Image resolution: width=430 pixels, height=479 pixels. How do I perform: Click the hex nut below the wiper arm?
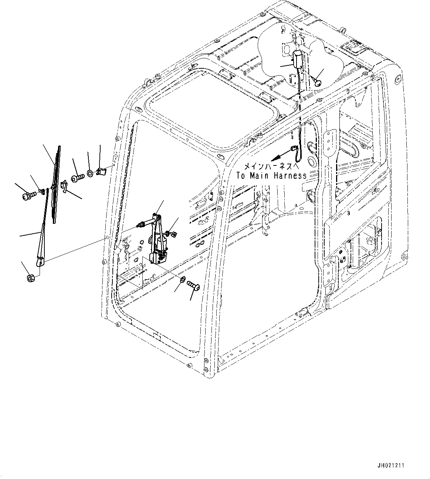31,277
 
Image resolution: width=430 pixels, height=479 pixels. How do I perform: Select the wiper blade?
56,185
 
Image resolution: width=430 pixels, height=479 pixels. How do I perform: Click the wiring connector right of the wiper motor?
171,233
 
